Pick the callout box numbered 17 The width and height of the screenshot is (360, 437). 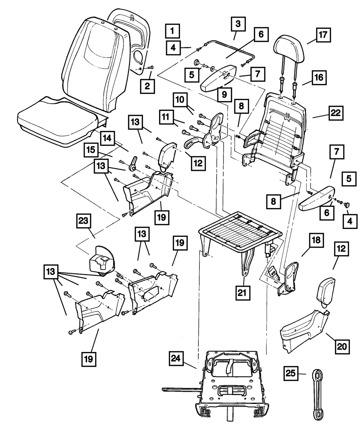(x=323, y=35)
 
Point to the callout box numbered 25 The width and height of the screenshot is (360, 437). (x=292, y=373)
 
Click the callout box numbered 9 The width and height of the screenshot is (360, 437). (x=224, y=95)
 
